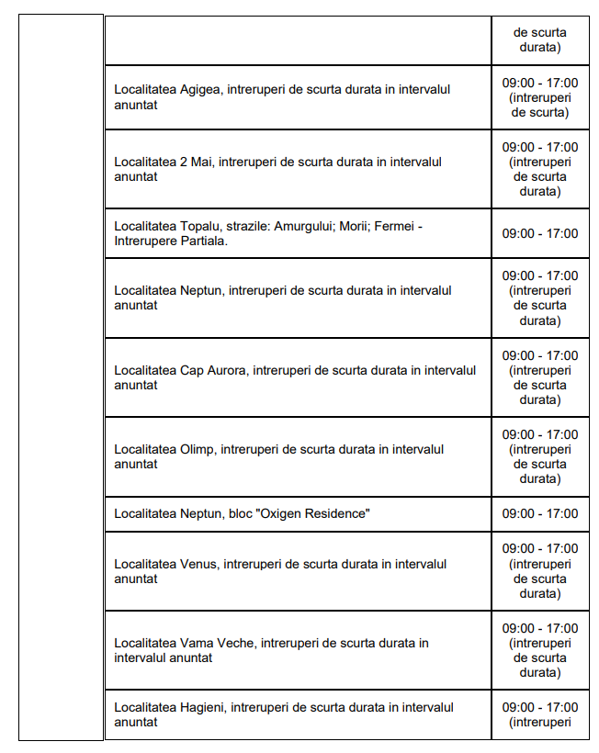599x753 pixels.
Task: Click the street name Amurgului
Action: coord(309,226)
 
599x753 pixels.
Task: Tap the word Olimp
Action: coord(198,449)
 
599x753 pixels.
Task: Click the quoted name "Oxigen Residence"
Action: coord(314,513)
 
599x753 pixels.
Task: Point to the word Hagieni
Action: coord(202,707)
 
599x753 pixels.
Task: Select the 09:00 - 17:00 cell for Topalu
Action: coord(540,233)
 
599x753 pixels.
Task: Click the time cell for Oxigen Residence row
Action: coord(540,513)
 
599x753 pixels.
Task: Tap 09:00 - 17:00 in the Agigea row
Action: coord(540,83)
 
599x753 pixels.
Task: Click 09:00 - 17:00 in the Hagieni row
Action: coord(540,707)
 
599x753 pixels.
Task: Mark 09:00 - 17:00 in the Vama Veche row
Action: coord(540,628)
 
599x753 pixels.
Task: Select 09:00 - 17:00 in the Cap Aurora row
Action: coord(540,355)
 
